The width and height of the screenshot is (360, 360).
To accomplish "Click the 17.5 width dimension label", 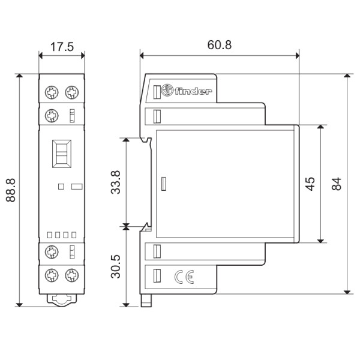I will pos(61,47).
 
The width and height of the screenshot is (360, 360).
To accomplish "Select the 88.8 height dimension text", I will pos(11,190).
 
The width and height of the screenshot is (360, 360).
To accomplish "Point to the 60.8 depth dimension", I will pos(220,45).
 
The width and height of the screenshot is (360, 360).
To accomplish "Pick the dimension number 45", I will pos(310,184).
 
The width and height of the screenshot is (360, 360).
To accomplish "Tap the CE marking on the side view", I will pos(182,277).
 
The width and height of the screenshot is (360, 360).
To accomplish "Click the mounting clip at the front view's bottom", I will pos(61,298).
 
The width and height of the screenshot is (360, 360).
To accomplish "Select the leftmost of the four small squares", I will pos(50,235).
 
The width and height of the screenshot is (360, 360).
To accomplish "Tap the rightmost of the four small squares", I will pos(74,235).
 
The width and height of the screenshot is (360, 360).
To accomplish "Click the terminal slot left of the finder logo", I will pos(157,92).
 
